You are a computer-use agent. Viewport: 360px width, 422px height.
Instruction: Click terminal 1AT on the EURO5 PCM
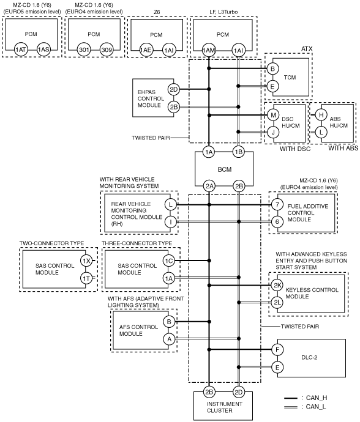[x=20, y=50]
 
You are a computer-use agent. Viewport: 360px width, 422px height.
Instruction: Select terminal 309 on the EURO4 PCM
[x=107, y=50]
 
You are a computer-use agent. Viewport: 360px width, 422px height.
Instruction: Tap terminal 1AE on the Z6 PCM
[x=146, y=50]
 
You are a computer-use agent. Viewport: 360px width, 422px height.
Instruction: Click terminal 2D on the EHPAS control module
[x=174, y=89]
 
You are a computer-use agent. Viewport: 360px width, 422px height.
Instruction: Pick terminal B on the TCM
[x=272, y=68]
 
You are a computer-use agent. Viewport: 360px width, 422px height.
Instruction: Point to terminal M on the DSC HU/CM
[x=273, y=115]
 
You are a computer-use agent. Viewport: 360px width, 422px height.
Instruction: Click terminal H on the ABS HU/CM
[x=321, y=115]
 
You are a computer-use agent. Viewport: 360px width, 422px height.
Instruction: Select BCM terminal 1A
[x=209, y=152]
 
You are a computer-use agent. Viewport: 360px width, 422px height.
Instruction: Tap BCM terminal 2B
[x=239, y=187]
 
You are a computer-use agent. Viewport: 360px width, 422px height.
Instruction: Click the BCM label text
[x=225, y=169]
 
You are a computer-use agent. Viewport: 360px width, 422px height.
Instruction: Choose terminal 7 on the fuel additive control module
[x=277, y=204]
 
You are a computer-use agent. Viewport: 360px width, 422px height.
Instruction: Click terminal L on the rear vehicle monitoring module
[x=171, y=204]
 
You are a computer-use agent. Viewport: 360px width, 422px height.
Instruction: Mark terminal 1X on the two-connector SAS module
[x=86, y=261]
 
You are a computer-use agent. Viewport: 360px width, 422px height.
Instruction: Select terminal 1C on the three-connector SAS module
[x=169, y=261]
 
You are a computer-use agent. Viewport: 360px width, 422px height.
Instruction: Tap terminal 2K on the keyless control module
[x=277, y=285]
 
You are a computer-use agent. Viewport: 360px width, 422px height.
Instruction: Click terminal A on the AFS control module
[x=169, y=339]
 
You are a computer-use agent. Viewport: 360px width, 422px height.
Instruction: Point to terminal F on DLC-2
[x=277, y=350]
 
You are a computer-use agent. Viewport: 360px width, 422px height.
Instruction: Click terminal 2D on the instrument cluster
[x=239, y=392]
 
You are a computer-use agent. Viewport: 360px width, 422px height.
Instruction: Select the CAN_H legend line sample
[x=291, y=398]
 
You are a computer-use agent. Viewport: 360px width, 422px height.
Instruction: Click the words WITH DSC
[x=295, y=149]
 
